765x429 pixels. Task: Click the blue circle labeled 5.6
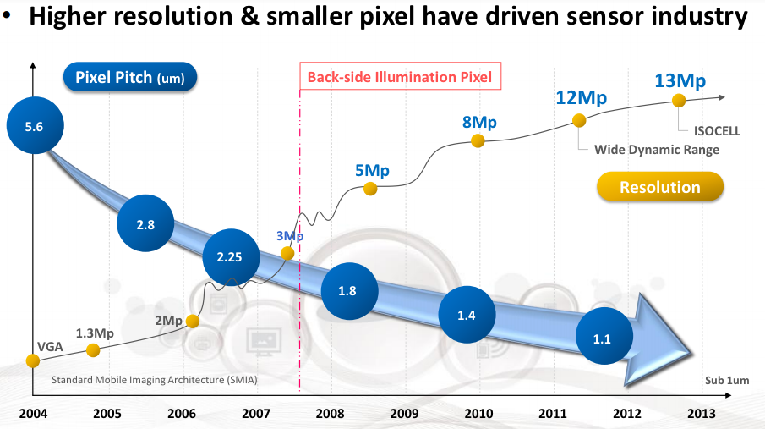pos(36,125)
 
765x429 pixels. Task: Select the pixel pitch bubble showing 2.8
pos(145,223)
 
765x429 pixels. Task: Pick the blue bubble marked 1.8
pos(349,291)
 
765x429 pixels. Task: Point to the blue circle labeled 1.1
pos(604,336)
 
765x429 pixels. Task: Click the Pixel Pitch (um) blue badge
pos(130,77)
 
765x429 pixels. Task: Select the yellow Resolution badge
pos(659,187)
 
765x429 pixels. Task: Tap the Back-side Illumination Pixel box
pos(400,76)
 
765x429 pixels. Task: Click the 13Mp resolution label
pos(680,80)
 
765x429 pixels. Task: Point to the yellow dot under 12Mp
pos(579,120)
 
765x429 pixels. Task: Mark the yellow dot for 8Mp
pos(478,141)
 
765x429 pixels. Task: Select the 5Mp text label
pos(372,170)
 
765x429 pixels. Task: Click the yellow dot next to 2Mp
pos(193,321)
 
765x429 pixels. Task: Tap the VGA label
pos(50,346)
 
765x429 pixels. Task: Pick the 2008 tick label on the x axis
pos(330,414)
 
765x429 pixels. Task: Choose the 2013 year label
pos(701,414)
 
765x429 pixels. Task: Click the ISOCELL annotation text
pos(717,131)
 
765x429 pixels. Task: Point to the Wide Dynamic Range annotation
pos(657,150)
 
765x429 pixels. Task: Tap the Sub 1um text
pos(727,380)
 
